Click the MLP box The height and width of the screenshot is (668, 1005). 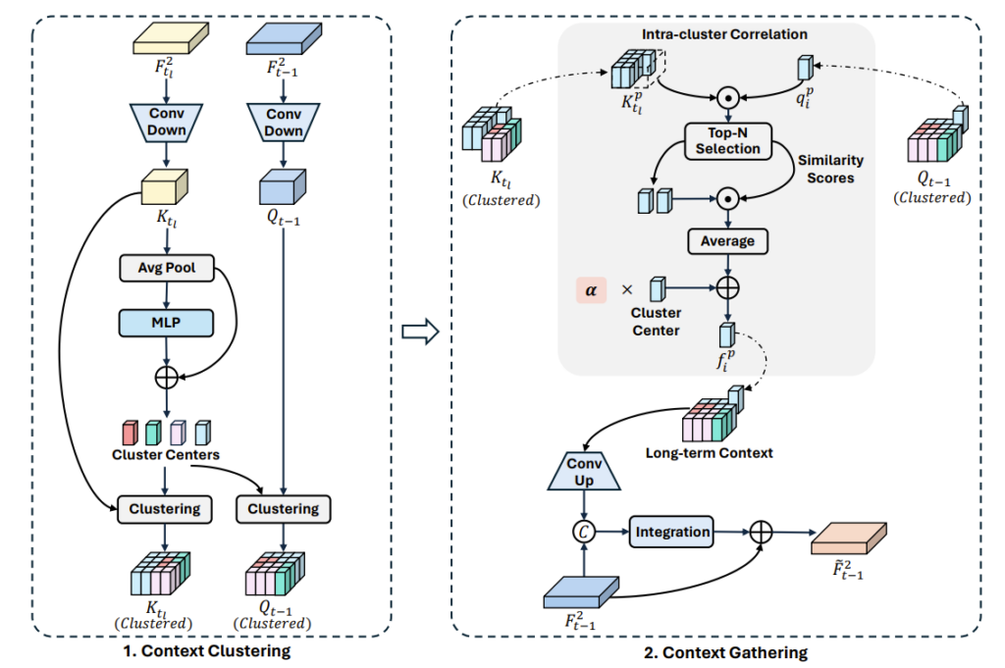click(x=166, y=323)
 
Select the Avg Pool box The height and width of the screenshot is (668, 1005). click(x=166, y=269)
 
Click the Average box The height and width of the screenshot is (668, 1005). click(x=728, y=240)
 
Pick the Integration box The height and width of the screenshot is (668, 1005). click(x=672, y=533)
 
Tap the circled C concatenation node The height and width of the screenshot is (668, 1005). click(x=585, y=533)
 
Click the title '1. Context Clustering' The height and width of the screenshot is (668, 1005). click(x=213, y=649)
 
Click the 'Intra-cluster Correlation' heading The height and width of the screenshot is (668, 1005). click(x=724, y=35)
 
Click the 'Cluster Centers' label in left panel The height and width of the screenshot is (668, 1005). click(x=165, y=454)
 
